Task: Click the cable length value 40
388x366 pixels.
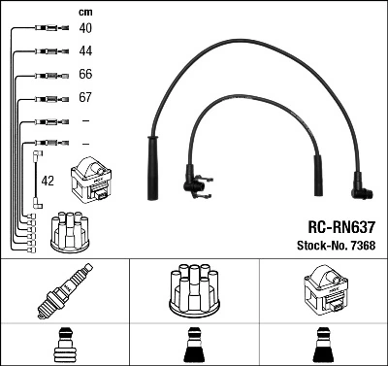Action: click(86, 29)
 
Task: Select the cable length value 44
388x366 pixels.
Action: click(86, 50)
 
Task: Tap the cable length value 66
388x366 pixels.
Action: click(86, 75)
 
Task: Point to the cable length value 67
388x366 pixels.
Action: click(86, 98)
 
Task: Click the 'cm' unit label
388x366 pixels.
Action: click(84, 12)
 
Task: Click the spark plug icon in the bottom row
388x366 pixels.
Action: click(64, 292)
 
